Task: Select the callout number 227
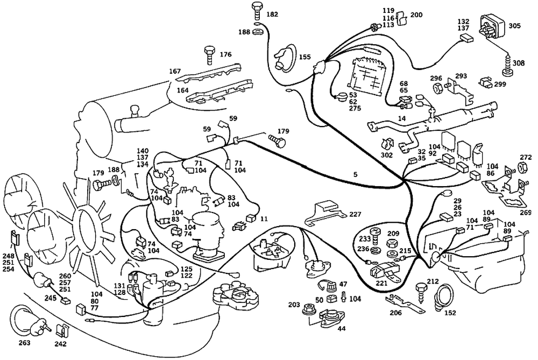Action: [x=355, y=214]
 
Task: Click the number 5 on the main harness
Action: [x=355, y=174]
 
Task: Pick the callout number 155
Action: [x=305, y=57]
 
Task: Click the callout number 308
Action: [x=518, y=63]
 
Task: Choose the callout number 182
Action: [x=272, y=14]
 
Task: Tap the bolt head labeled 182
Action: [x=256, y=8]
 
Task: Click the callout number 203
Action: [x=293, y=305]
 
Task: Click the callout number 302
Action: [x=386, y=155]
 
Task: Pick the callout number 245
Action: [x=51, y=298]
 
